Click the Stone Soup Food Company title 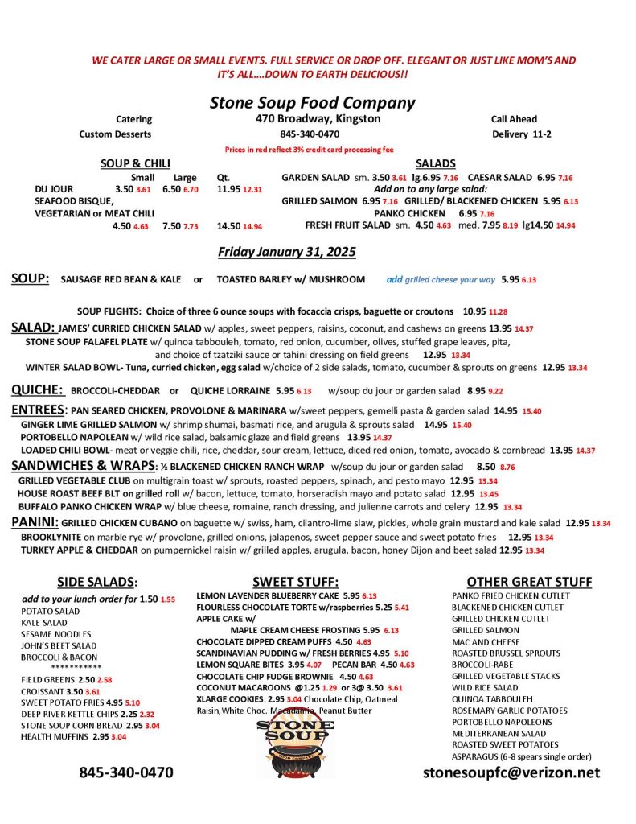[x=312, y=102]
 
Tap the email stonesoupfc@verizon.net [x=511, y=772]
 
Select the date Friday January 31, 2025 [x=287, y=252]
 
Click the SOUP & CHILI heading [x=135, y=163]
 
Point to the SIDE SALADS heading [x=97, y=582]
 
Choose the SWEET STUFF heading [x=295, y=582]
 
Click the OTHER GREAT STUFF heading [x=529, y=582]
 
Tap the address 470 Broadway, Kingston [x=313, y=119]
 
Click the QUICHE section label [x=37, y=390]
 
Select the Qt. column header [x=224, y=177]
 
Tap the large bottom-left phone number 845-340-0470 [x=125, y=772]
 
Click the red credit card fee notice [x=310, y=150]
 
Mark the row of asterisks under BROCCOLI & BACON [x=76, y=668]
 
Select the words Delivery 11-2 [x=521, y=134]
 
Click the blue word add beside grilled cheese [x=394, y=279]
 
